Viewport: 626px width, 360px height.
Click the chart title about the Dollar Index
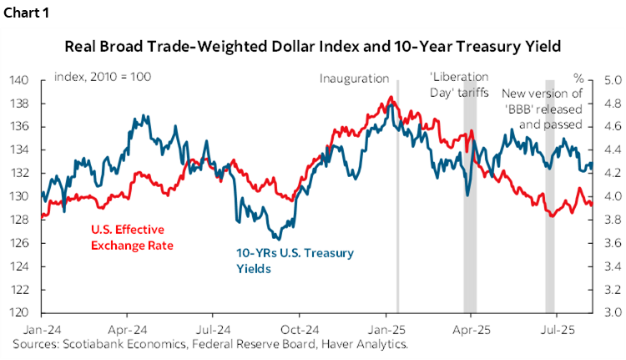[x=313, y=46]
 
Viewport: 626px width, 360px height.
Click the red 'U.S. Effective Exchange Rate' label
[x=127, y=236]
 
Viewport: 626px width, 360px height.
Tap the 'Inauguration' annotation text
[x=354, y=79]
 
